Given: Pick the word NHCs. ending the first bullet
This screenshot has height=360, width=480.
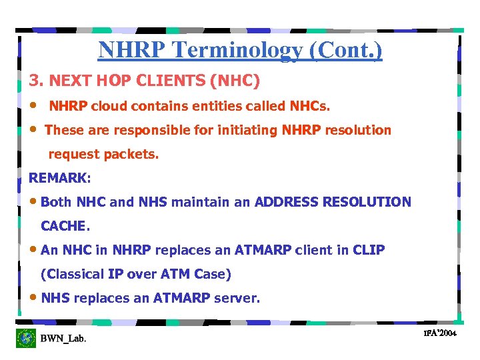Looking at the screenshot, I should coord(309,106).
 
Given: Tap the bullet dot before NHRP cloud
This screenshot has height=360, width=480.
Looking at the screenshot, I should coord(33,106).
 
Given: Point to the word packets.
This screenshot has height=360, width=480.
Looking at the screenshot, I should coord(131,155).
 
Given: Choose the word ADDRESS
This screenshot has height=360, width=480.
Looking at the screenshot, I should coord(287,202).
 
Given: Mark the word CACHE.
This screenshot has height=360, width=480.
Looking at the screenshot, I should coord(65,227).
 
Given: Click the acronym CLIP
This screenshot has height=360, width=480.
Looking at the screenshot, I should coord(369,250).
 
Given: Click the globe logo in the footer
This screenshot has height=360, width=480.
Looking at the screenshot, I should coord(26,338).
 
